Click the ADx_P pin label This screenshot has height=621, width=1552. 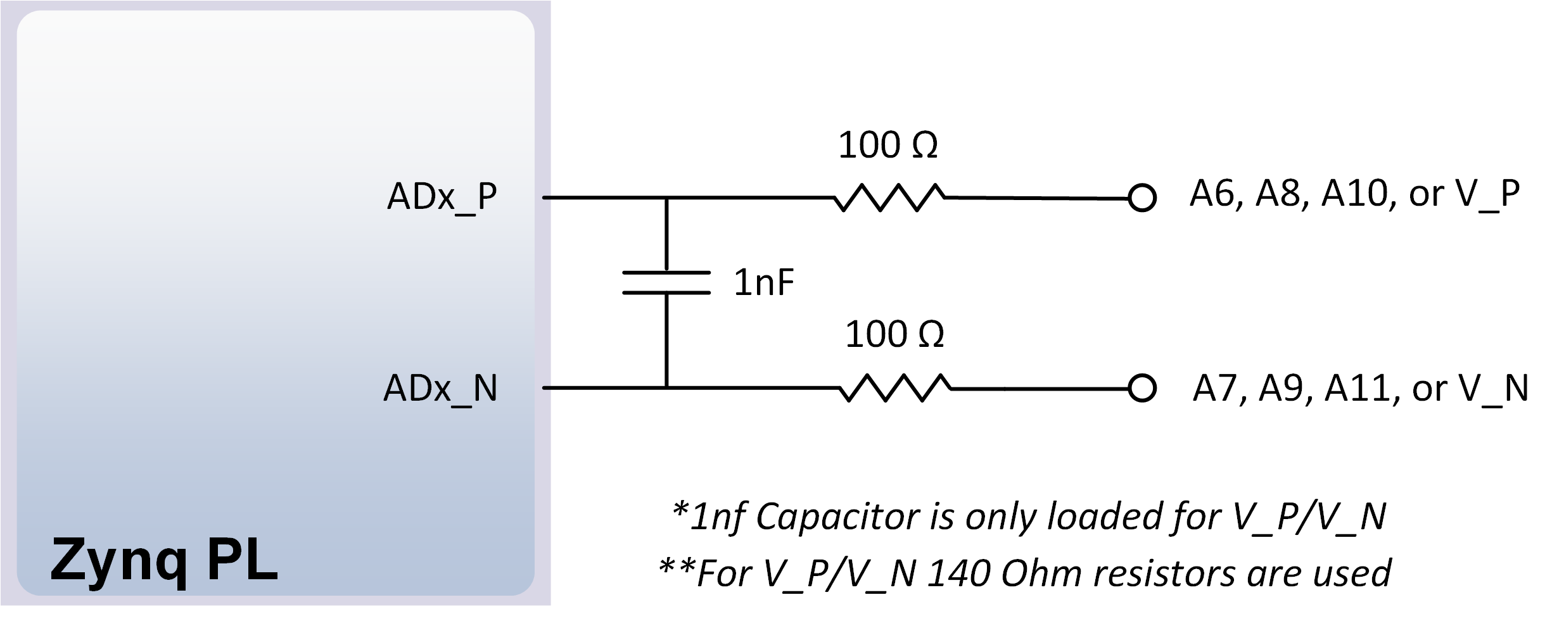(x=442, y=197)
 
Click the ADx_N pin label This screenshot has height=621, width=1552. (x=441, y=388)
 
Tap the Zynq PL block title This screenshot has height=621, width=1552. (x=164, y=561)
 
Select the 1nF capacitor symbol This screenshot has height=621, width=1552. (x=666, y=282)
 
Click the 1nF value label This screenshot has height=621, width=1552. (x=763, y=282)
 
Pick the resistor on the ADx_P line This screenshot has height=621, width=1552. (x=889, y=198)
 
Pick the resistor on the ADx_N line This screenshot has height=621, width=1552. (x=895, y=388)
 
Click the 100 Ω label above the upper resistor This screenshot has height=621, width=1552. (x=887, y=145)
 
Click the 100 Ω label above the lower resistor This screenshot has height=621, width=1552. (x=894, y=334)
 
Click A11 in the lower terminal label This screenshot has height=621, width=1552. (x=1361, y=388)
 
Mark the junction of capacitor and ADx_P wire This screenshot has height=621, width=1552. (x=666, y=198)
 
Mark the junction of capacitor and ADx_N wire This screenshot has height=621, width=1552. (x=666, y=387)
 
